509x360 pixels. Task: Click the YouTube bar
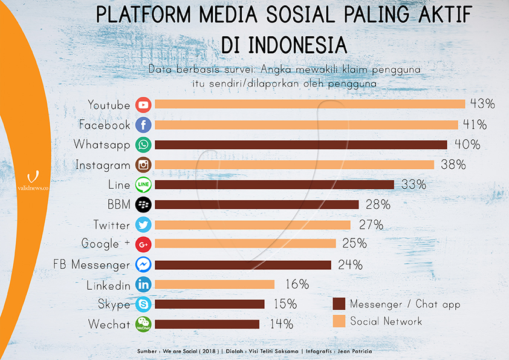(310, 104)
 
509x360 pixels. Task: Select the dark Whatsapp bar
(301, 145)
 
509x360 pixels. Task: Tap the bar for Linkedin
(215, 284)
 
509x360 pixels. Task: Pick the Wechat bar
(207, 324)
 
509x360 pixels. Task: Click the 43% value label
(483, 103)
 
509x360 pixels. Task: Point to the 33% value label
(413, 185)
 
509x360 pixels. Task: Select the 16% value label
(297, 284)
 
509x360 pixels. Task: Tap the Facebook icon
(143, 125)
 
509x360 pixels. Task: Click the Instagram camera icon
(143, 165)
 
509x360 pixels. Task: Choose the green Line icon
(143, 185)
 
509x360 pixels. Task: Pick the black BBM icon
(143, 205)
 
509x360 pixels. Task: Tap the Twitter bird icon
(143, 225)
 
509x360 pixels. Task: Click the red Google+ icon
(143, 244)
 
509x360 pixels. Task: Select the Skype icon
(143, 304)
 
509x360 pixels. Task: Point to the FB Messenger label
(91, 265)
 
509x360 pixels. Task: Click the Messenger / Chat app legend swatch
(339, 304)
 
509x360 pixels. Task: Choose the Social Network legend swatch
(339, 321)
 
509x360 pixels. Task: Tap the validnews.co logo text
(33, 188)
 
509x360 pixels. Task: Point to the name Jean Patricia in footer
(355, 352)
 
